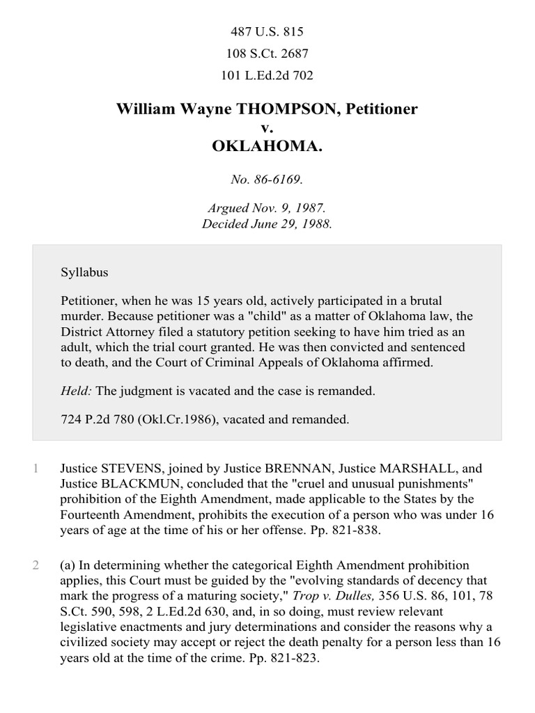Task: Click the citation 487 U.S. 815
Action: click(x=267, y=32)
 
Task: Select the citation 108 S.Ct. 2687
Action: click(x=267, y=53)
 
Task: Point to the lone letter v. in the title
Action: click(x=267, y=128)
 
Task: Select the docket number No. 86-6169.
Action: click(x=267, y=180)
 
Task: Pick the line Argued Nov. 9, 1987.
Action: click(x=267, y=208)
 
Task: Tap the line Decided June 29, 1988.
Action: click(x=267, y=224)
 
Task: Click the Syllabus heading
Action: click(x=84, y=272)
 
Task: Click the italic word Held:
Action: click(x=77, y=391)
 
